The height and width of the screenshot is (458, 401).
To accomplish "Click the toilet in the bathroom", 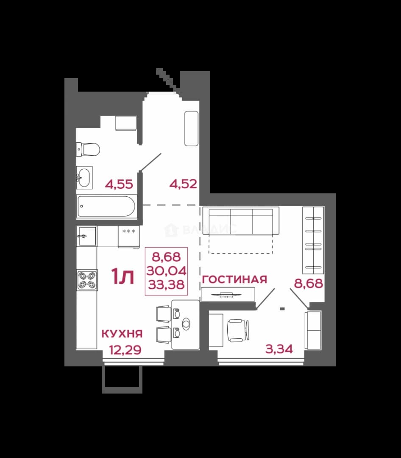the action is pyautogui.click(x=88, y=150).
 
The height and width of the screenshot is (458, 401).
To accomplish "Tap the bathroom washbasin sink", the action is pyautogui.click(x=84, y=177).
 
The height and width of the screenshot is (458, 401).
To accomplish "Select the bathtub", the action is pyautogui.click(x=106, y=207).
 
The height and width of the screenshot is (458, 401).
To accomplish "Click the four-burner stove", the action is pyautogui.click(x=87, y=280).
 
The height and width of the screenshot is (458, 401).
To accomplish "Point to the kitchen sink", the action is pyautogui.click(x=86, y=236).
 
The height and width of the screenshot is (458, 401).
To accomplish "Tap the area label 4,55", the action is pyautogui.click(x=119, y=184).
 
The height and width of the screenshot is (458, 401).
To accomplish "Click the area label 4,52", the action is pyautogui.click(x=183, y=184).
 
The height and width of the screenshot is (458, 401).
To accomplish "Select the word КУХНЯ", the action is pyautogui.click(x=122, y=334).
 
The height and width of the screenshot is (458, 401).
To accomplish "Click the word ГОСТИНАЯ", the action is pyautogui.click(x=234, y=279).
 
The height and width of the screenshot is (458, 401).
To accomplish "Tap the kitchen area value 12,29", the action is pyautogui.click(x=125, y=349).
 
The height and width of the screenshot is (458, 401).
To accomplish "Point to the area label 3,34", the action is pyautogui.click(x=279, y=349).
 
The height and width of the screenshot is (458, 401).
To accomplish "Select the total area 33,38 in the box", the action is pyautogui.click(x=166, y=284).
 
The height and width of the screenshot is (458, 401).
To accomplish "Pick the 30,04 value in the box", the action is pyautogui.click(x=166, y=271).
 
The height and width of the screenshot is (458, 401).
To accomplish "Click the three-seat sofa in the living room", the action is pyautogui.click(x=241, y=221).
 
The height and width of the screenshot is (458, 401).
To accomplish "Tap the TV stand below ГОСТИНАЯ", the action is pyautogui.click(x=228, y=294).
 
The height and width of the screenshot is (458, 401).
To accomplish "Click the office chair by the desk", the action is pyautogui.click(x=238, y=330).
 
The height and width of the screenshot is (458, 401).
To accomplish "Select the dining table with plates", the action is pyautogui.click(x=186, y=324).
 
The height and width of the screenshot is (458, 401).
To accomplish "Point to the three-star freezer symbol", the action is pyautogui.click(x=129, y=232).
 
